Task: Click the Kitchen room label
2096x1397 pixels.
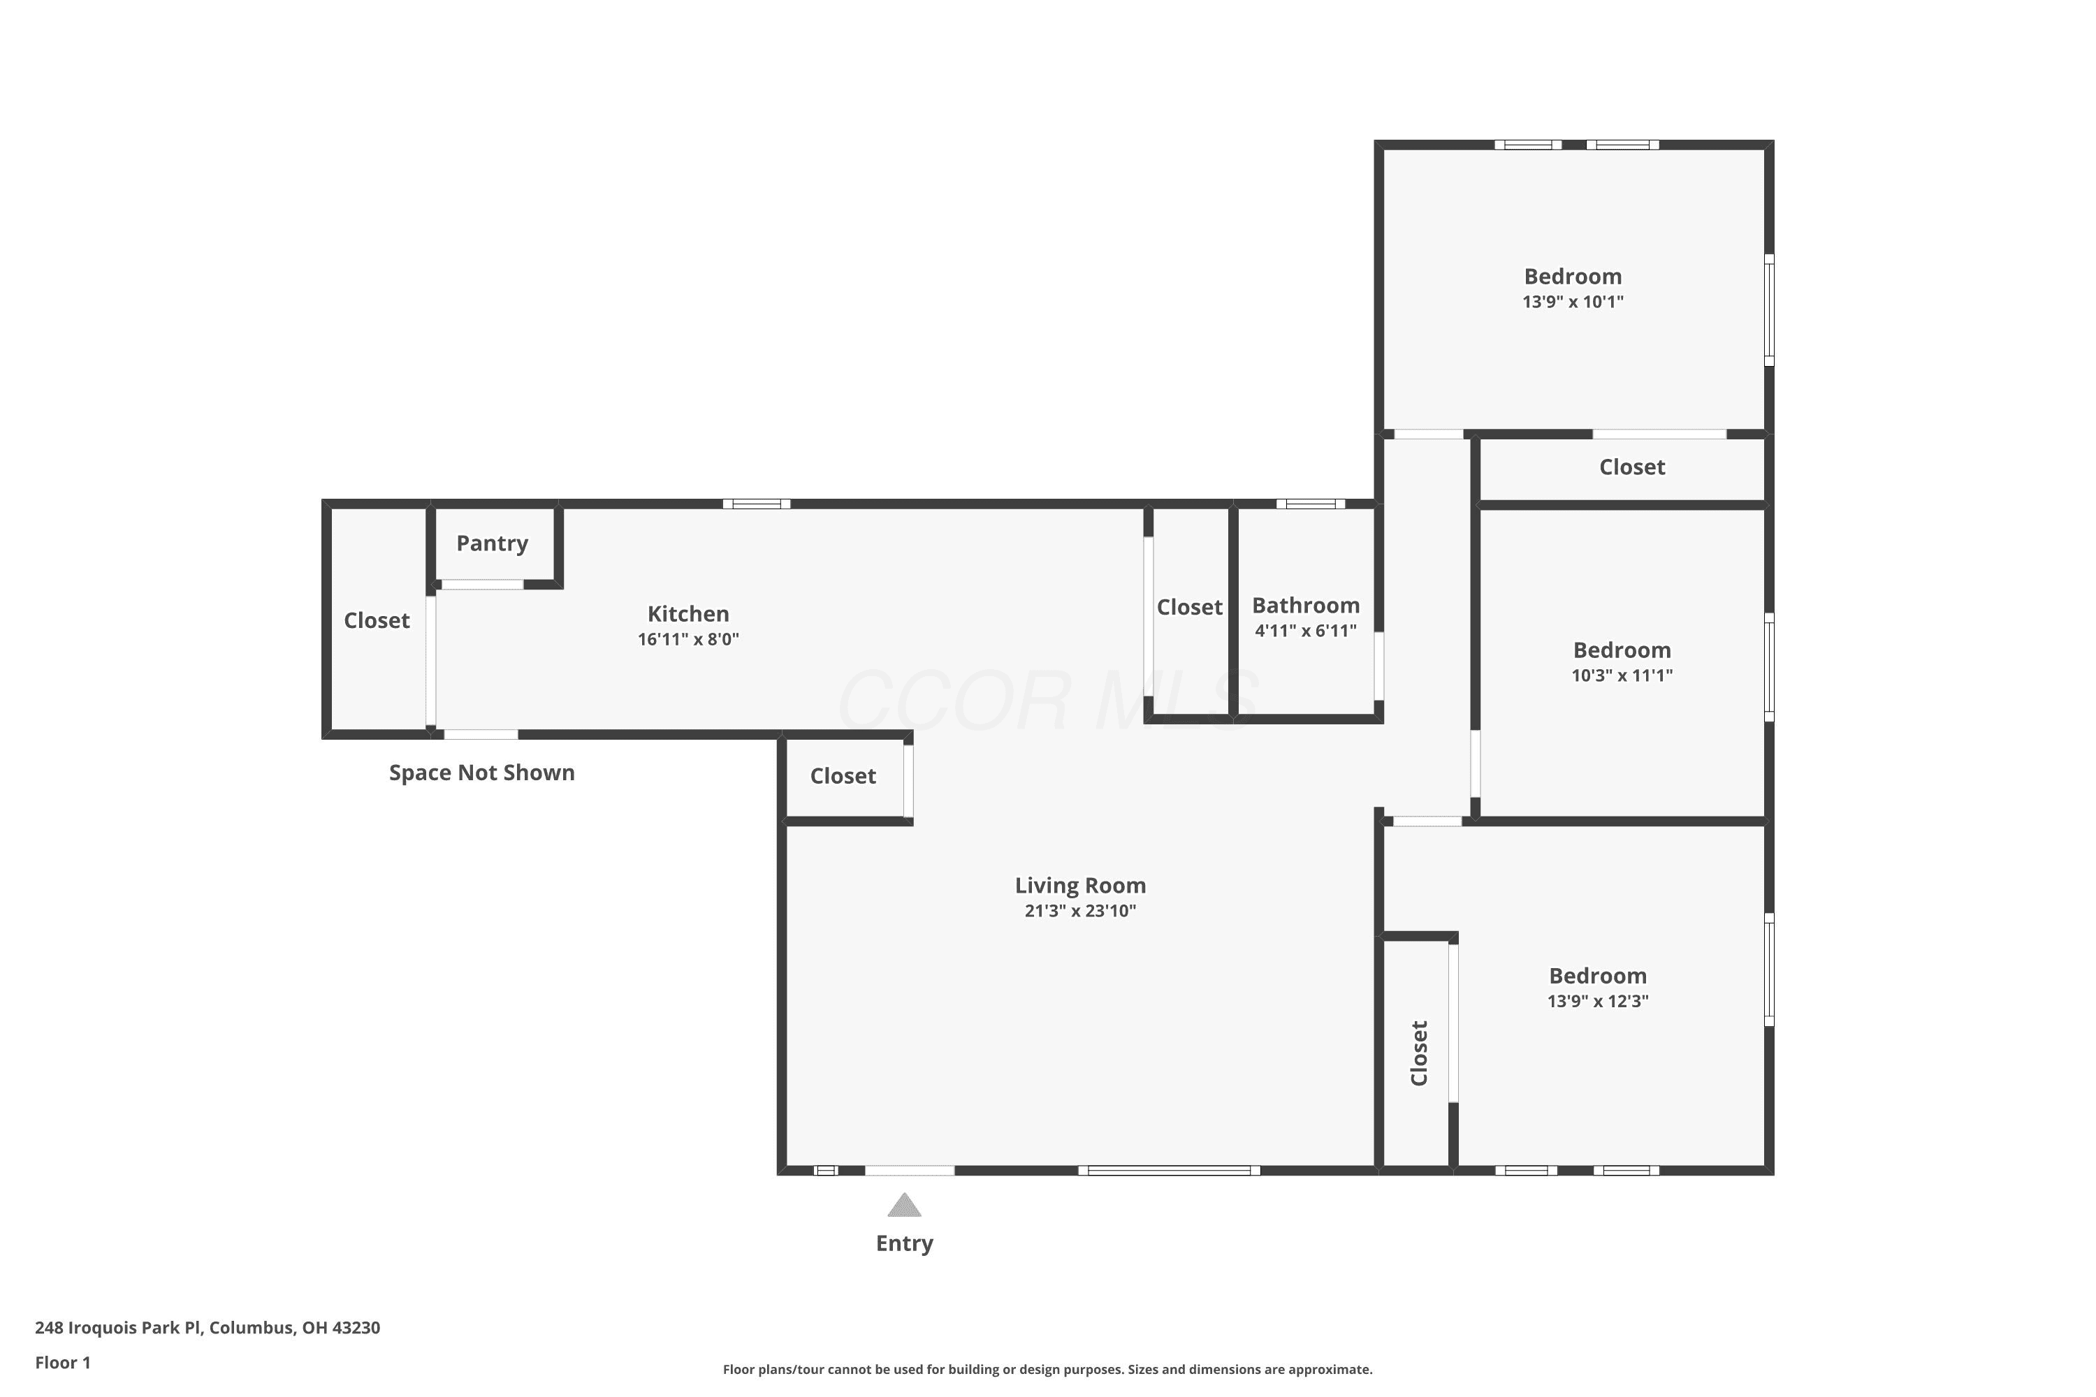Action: click(x=688, y=614)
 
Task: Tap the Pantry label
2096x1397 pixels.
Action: click(x=492, y=543)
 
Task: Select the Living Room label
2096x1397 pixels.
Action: click(x=1080, y=886)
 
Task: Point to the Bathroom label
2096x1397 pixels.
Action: click(x=1306, y=606)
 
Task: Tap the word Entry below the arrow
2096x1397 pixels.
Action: click(x=905, y=1244)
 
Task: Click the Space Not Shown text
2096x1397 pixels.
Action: click(x=482, y=773)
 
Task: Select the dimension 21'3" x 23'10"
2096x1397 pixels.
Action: click(x=1080, y=911)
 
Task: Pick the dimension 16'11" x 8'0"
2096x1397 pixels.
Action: click(x=688, y=639)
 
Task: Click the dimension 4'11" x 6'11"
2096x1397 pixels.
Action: click(x=1306, y=631)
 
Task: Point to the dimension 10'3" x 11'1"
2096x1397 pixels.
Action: click(x=1622, y=675)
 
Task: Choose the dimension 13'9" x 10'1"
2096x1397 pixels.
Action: click(x=1573, y=302)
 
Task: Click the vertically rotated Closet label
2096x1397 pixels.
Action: click(x=1420, y=1053)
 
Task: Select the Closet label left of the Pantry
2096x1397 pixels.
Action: click(x=377, y=621)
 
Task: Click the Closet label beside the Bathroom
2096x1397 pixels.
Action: click(x=1190, y=608)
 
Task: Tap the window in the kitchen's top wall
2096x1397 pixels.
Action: click(x=757, y=504)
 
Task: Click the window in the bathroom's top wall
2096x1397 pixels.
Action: click(x=1311, y=504)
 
